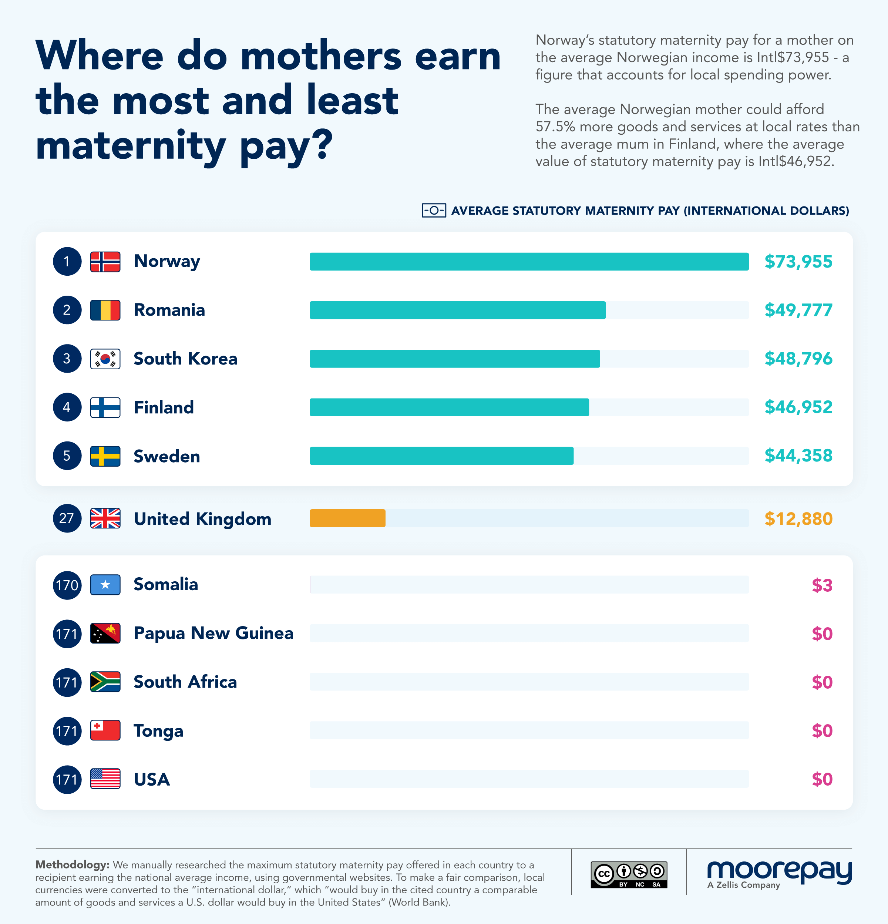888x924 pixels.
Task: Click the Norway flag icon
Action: coord(105,262)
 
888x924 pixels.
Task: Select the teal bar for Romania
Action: coord(457,310)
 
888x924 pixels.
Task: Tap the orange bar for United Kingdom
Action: coord(347,518)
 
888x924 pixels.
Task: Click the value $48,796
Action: coord(798,359)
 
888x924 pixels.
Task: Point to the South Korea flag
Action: coord(105,359)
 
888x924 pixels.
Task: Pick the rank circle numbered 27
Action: coord(67,518)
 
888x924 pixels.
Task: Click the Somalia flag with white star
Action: coord(105,585)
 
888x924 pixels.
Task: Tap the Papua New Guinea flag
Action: coord(105,634)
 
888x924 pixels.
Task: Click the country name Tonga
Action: coord(158,731)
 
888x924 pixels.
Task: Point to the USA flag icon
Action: coord(105,779)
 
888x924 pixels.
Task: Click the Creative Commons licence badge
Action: coord(629,874)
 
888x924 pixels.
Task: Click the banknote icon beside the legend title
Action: coord(434,210)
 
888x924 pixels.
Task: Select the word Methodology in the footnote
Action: coord(72,864)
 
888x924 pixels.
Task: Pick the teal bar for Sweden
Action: coord(441,456)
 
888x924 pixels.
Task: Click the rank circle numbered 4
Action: coord(67,407)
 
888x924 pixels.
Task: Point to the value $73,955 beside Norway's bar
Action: coord(798,262)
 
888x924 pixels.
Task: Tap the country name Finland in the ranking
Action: coord(164,407)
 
